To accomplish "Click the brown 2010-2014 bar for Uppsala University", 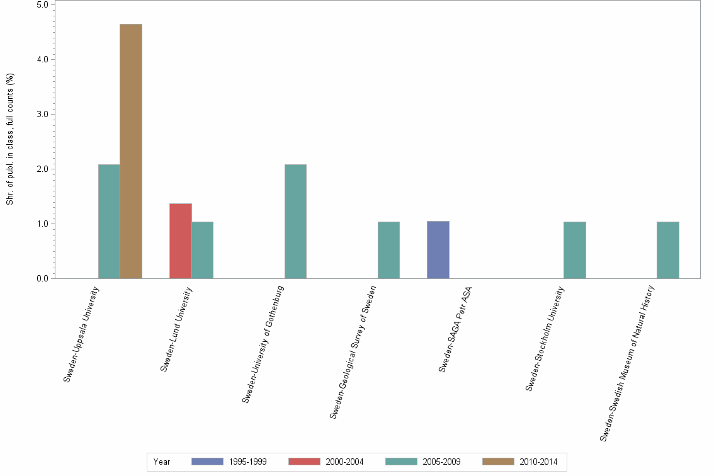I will (x=131, y=151).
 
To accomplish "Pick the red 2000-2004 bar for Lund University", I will (x=181, y=241).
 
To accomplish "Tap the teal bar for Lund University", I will (x=202, y=250).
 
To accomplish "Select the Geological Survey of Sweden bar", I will (x=388, y=250).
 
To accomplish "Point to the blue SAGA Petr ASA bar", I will (x=438, y=250).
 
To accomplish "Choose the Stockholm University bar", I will (x=574, y=250).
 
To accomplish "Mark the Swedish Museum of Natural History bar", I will (x=667, y=250).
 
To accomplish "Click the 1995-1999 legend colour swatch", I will (x=207, y=462).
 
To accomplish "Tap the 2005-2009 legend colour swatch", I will (x=401, y=462).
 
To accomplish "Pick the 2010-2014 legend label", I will (x=538, y=462).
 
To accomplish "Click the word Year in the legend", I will (x=162, y=462).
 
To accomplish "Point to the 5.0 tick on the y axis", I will (x=43, y=4).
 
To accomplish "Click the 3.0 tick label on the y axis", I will (x=43, y=114).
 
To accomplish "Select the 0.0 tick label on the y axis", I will (x=43, y=278).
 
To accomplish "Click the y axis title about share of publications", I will (x=10, y=139).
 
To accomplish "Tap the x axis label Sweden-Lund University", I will (x=176, y=329).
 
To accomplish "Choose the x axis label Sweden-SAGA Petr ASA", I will (x=455, y=329).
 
